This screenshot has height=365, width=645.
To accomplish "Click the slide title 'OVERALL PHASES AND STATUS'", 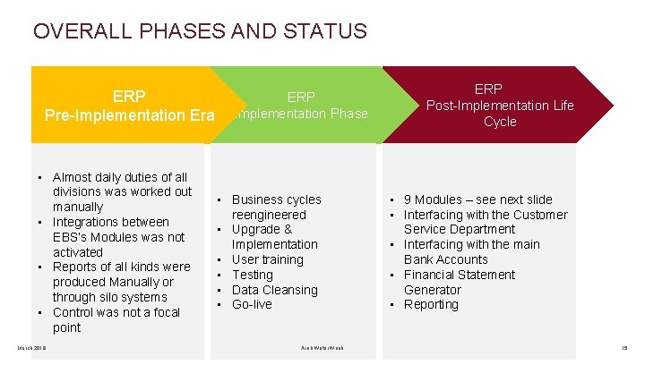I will pyautogui.click(x=200, y=31).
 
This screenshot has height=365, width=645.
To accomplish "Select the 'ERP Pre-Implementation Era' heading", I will pyautogui.click(x=130, y=106).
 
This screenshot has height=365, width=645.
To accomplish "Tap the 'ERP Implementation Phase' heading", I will pyautogui.click(x=301, y=106).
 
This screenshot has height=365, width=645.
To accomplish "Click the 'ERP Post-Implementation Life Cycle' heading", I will pyautogui.click(x=500, y=106).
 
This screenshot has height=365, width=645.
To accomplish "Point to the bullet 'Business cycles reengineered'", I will pyautogui.click(x=276, y=207).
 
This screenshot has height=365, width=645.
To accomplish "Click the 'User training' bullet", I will pyautogui.click(x=267, y=259).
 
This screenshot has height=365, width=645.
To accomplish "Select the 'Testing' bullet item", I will pyautogui.click(x=252, y=275).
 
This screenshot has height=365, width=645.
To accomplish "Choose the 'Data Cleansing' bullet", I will pyautogui.click(x=274, y=290).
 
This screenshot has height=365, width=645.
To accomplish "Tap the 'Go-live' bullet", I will pyautogui.click(x=253, y=305).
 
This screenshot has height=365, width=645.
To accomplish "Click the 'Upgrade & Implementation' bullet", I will pyautogui.click(x=274, y=237).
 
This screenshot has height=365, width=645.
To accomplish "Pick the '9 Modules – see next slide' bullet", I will pyautogui.click(x=477, y=199).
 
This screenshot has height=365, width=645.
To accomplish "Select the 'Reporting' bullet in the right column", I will pyautogui.click(x=431, y=305).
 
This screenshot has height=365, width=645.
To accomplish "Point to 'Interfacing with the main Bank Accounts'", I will pyautogui.click(x=471, y=252).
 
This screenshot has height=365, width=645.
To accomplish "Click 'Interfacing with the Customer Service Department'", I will pyautogui.click(x=485, y=222).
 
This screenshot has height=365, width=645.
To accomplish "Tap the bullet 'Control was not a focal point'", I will pyautogui.click(x=116, y=319).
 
